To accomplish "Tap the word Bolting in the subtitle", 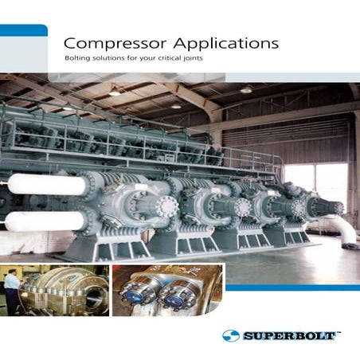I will [x=77, y=61].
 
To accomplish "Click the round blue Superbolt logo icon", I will [x=231, y=335].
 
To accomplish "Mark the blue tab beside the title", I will [x=23, y=30].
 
